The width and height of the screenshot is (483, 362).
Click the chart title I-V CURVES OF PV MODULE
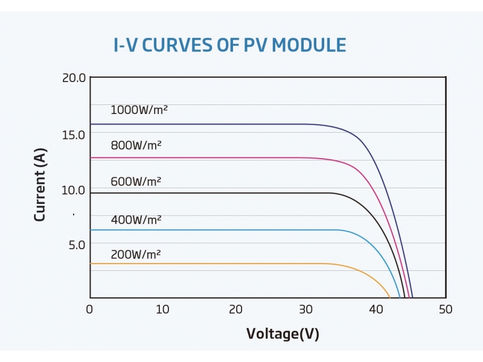click(x=230, y=45)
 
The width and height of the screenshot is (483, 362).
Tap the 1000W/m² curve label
click(x=139, y=110)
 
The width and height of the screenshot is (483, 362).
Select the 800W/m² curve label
click(x=136, y=145)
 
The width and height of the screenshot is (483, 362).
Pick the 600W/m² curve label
click(x=136, y=181)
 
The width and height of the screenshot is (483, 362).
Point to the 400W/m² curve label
click(x=136, y=220)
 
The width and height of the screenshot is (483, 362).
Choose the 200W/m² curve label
click(x=136, y=255)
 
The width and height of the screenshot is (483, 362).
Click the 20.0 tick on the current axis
click(x=74, y=78)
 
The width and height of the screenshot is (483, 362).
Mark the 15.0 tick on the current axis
click(x=74, y=134)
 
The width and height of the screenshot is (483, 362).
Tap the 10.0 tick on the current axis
click(x=74, y=190)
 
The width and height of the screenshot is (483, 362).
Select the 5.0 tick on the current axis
click(x=76, y=245)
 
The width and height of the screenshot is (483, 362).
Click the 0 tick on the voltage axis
click(x=90, y=310)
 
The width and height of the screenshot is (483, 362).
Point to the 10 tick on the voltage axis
click(x=162, y=310)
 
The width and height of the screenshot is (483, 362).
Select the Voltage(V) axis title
click(x=283, y=334)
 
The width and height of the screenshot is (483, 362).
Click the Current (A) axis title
click(x=40, y=187)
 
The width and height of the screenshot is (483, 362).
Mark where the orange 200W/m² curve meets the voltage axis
click(x=390, y=297)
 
